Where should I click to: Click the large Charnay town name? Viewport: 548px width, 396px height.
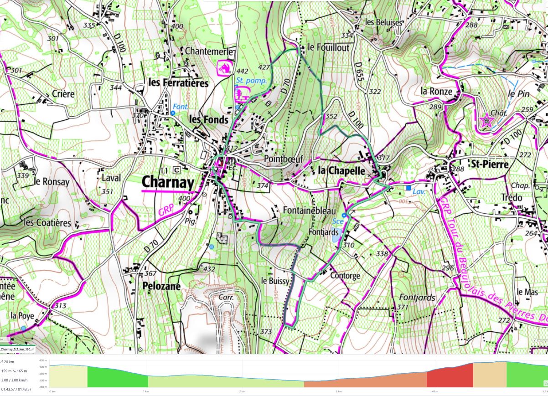[168, 182]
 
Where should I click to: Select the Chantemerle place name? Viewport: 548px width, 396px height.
[209, 51]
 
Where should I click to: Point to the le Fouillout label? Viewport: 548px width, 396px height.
[328, 47]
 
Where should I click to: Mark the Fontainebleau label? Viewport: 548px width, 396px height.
[309, 211]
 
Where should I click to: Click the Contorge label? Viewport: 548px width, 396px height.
[345, 276]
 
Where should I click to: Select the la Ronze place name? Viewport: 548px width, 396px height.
[437, 92]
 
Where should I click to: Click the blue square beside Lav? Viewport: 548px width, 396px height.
[408, 187]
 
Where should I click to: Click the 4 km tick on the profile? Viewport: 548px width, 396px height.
[434, 391]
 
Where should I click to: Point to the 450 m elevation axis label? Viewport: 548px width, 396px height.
[44, 360]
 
